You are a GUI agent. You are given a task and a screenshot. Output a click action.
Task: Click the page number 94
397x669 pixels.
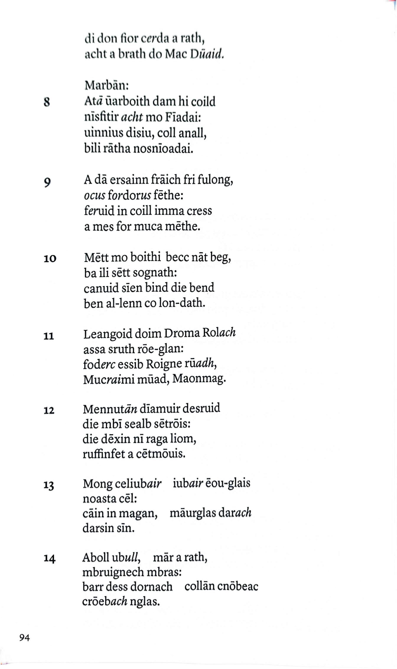point(24,638)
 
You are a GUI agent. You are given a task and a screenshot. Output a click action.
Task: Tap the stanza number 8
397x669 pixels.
point(47,102)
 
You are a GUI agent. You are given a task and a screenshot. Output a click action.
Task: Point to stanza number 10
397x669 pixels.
point(50,259)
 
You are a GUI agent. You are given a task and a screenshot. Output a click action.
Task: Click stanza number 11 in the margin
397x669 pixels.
point(49,336)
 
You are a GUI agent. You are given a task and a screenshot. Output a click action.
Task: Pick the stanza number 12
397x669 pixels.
point(49,410)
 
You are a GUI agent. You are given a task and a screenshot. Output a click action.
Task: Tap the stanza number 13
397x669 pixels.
point(49,485)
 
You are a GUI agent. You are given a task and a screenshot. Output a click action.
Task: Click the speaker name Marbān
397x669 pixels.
point(106,86)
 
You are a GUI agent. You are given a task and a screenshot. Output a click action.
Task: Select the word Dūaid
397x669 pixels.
point(207,54)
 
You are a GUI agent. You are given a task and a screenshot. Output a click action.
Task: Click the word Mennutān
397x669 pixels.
point(110,409)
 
